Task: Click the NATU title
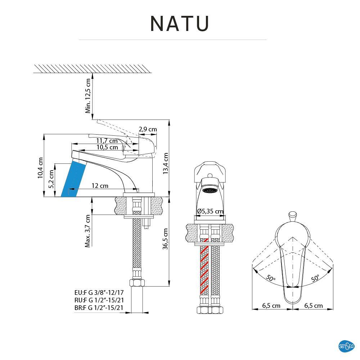(x=180, y=23)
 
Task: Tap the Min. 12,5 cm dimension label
(x=88, y=96)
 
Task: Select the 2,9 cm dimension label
(x=148, y=129)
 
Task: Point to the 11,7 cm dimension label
(x=107, y=141)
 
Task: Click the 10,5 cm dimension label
(x=107, y=147)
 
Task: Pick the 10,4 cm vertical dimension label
(x=40, y=168)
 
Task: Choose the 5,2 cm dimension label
(x=51, y=179)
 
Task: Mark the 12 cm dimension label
(x=100, y=186)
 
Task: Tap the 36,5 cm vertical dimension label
(x=166, y=239)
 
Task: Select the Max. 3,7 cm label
(x=88, y=231)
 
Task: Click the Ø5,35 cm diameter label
(x=210, y=211)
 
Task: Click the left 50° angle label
(x=270, y=278)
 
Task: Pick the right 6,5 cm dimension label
(x=313, y=306)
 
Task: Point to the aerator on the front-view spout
(x=210, y=190)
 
